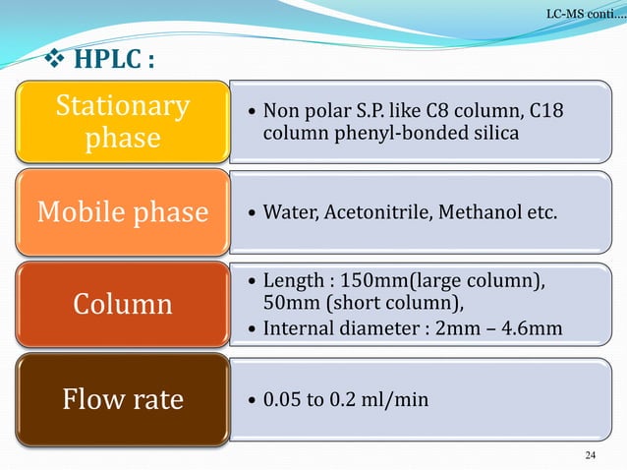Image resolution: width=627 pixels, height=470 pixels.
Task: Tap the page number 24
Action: coord(591,454)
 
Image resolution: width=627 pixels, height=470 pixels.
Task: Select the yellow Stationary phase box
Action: coord(121,122)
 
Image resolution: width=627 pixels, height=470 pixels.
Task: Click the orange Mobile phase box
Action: coord(121,212)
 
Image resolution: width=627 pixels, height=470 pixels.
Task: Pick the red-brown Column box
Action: coord(121,303)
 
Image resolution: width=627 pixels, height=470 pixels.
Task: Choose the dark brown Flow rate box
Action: coord(121,400)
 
